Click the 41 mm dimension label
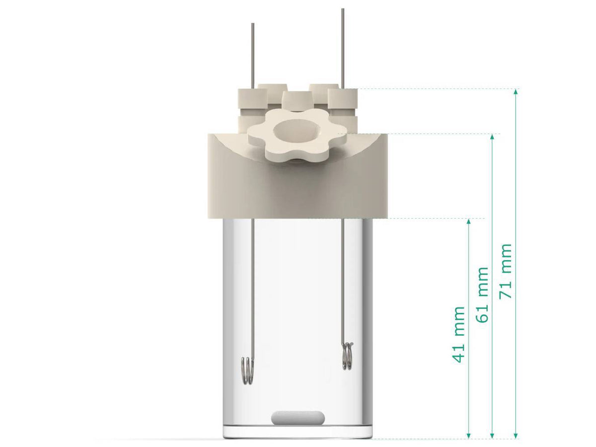pyautogui.click(x=459, y=335)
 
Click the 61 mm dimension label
pyautogui.click(x=483, y=295)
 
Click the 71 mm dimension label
pyautogui.click(x=506, y=271)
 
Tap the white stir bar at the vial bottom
pyautogui.click(x=298, y=418)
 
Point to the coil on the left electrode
pyautogui.click(x=247, y=371)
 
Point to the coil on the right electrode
pyautogui.click(x=348, y=356)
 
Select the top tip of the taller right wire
pyautogui.click(x=342, y=10)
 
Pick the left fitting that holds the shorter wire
pyautogui.click(x=251, y=100)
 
